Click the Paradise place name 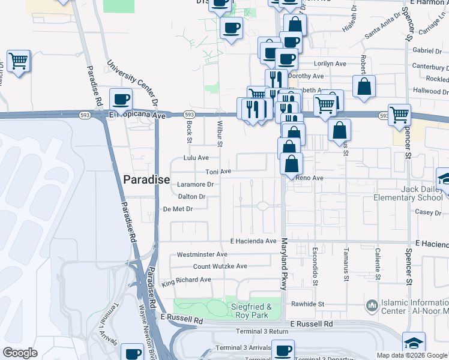(x=146, y=179)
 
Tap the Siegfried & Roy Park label (x=252, y=311)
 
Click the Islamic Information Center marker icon (x=372, y=306)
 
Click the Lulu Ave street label (x=196, y=158)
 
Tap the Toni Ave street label (x=218, y=172)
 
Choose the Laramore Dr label (x=195, y=185)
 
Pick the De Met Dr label (x=178, y=209)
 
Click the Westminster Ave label (x=202, y=255)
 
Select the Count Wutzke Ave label (x=220, y=266)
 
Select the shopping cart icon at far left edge (x=19, y=61)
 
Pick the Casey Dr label (x=428, y=212)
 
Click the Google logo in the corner (x=20, y=353)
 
